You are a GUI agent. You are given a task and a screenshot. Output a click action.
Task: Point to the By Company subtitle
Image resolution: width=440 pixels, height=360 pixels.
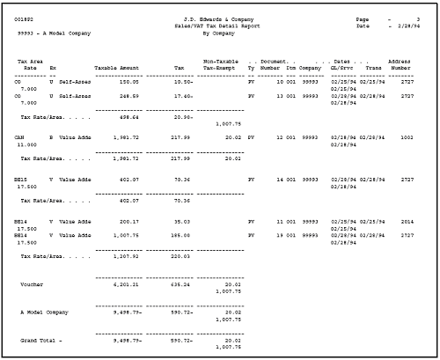tap(219, 33)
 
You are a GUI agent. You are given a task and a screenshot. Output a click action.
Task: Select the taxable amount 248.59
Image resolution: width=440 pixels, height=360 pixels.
tap(128, 95)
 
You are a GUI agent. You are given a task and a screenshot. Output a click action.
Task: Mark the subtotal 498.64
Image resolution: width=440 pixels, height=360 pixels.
tap(128, 115)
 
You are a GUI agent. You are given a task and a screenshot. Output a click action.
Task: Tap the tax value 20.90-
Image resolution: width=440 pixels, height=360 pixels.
tap(183, 115)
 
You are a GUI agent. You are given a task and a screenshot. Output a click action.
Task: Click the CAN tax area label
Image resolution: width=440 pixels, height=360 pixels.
tap(19, 137)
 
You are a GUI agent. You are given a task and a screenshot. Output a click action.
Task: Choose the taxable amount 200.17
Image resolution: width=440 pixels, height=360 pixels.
tap(128, 222)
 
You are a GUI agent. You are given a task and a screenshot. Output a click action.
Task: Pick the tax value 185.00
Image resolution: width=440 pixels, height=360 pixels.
tap(180, 235)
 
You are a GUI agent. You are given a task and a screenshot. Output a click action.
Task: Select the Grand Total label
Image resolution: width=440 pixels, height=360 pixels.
tap(41, 340)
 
